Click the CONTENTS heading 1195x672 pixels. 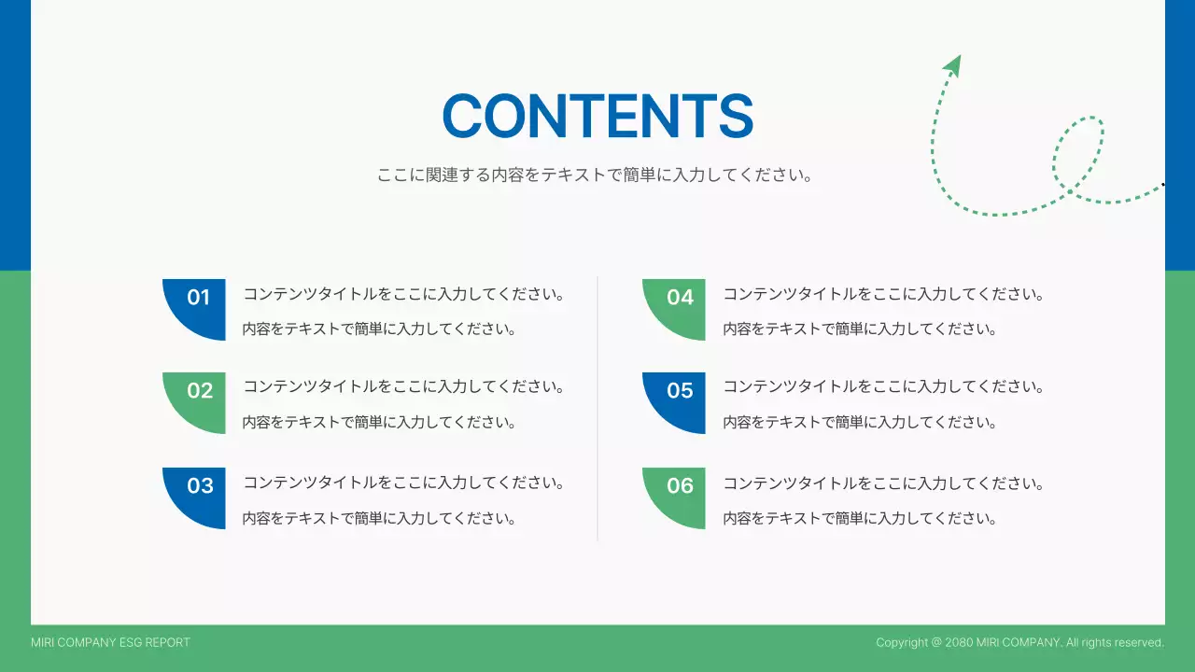[x=597, y=117]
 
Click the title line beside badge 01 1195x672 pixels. [x=404, y=294]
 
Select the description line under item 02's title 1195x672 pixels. [x=379, y=422]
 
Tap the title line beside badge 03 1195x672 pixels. [x=404, y=483]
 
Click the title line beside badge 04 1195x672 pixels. [x=883, y=294]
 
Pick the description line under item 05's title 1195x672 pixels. [x=860, y=422]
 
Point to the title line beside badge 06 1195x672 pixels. [x=883, y=483]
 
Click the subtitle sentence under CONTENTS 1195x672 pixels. [x=595, y=175]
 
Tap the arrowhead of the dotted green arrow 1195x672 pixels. [x=953, y=64]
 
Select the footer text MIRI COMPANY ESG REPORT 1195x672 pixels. [x=110, y=642]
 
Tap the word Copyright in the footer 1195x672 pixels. [x=902, y=642]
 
